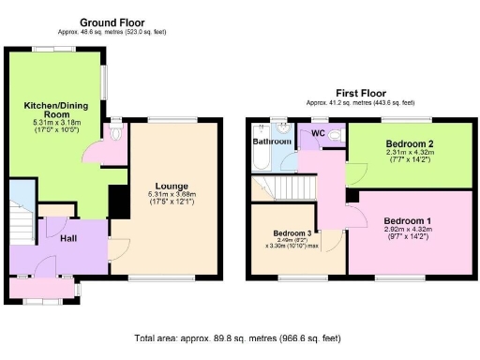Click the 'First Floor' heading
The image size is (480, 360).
(x=361, y=94)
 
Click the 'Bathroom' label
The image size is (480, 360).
(x=269, y=142)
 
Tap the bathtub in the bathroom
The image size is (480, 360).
(x=260, y=161)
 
